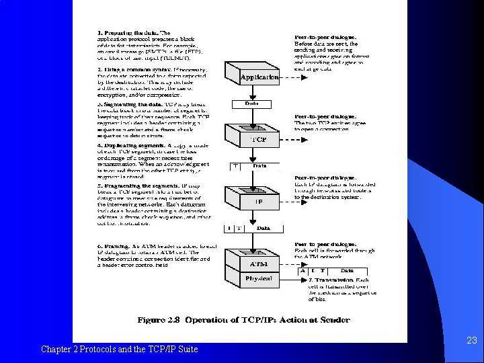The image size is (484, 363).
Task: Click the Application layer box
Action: pyautogui.click(x=259, y=77)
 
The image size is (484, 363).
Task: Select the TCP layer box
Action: pyautogui.click(x=259, y=140)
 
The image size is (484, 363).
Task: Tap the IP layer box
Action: pyautogui.click(x=259, y=201)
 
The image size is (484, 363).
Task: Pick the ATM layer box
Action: pyautogui.click(x=259, y=264)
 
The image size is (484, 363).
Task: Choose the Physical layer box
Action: pyautogui.click(x=259, y=278)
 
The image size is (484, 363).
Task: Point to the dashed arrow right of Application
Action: pyautogui.click(x=289, y=77)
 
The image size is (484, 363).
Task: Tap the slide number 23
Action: pyautogui.click(x=471, y=341)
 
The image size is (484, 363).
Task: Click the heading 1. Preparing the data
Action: pyautogui.click(x=134, y=32)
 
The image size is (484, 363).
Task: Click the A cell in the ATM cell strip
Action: pyautogui.click(x=311, y=270)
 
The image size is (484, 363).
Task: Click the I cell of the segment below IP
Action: pyautogui.click(x=229, y=228)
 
